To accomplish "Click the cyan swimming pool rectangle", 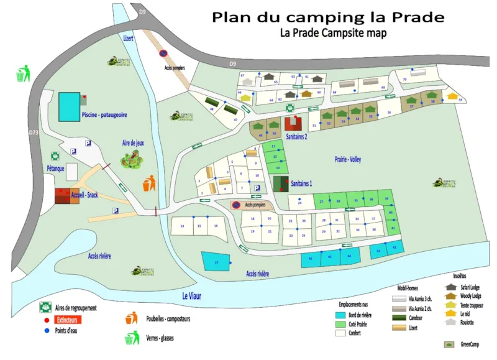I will tap(70, 107).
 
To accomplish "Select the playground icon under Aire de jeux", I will tap(132, 159).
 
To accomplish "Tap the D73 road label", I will tap(33, 132).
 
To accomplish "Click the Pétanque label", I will tap(56, 168).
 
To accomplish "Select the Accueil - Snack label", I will tap(84, 195).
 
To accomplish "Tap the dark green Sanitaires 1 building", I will tap(280, 184).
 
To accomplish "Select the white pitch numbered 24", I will tap(299, 202).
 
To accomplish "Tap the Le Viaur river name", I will tap(193, 296).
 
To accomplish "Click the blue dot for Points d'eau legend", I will tap(45, 330).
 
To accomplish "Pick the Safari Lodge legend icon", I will tap(450, 287).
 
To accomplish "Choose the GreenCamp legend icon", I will tap(448, 344).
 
